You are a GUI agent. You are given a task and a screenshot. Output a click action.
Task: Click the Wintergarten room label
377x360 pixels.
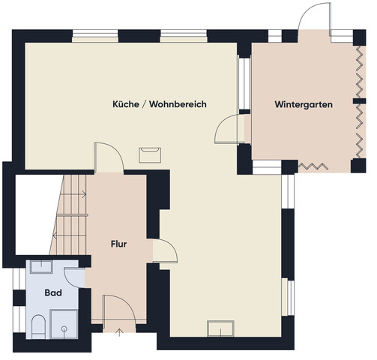click(x=304, y=104)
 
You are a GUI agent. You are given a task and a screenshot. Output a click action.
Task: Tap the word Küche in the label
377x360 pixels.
click(x=126, y=104)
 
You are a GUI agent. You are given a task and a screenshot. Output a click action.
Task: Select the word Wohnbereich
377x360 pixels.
click(x=178, y=104)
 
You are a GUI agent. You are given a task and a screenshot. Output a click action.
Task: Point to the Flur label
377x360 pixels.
click(x=118, y=244)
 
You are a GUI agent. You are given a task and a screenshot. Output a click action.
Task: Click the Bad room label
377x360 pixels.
click(x=53, y=292)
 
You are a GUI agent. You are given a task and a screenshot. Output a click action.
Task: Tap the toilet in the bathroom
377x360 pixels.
click(x=38, y=326)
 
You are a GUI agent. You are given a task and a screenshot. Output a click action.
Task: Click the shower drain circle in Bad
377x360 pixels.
click(x=64, y=328)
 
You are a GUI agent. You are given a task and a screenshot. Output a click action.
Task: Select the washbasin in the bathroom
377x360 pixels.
click(x=41, y=267)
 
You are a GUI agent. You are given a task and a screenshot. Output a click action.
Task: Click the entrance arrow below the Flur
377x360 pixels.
click(x=120, y=332)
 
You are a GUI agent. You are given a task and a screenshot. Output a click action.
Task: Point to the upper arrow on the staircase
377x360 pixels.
click(x=73, y=193)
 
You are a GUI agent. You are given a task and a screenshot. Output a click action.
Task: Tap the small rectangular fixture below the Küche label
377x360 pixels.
click(x=150, y=155)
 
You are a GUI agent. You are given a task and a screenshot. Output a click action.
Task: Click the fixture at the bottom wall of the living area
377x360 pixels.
click(x=220, y=328)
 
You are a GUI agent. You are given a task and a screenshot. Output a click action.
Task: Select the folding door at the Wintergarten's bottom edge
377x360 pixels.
click(x=313, y=166)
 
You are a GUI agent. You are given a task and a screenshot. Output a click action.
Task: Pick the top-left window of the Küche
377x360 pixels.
click(x=95, y=36)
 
